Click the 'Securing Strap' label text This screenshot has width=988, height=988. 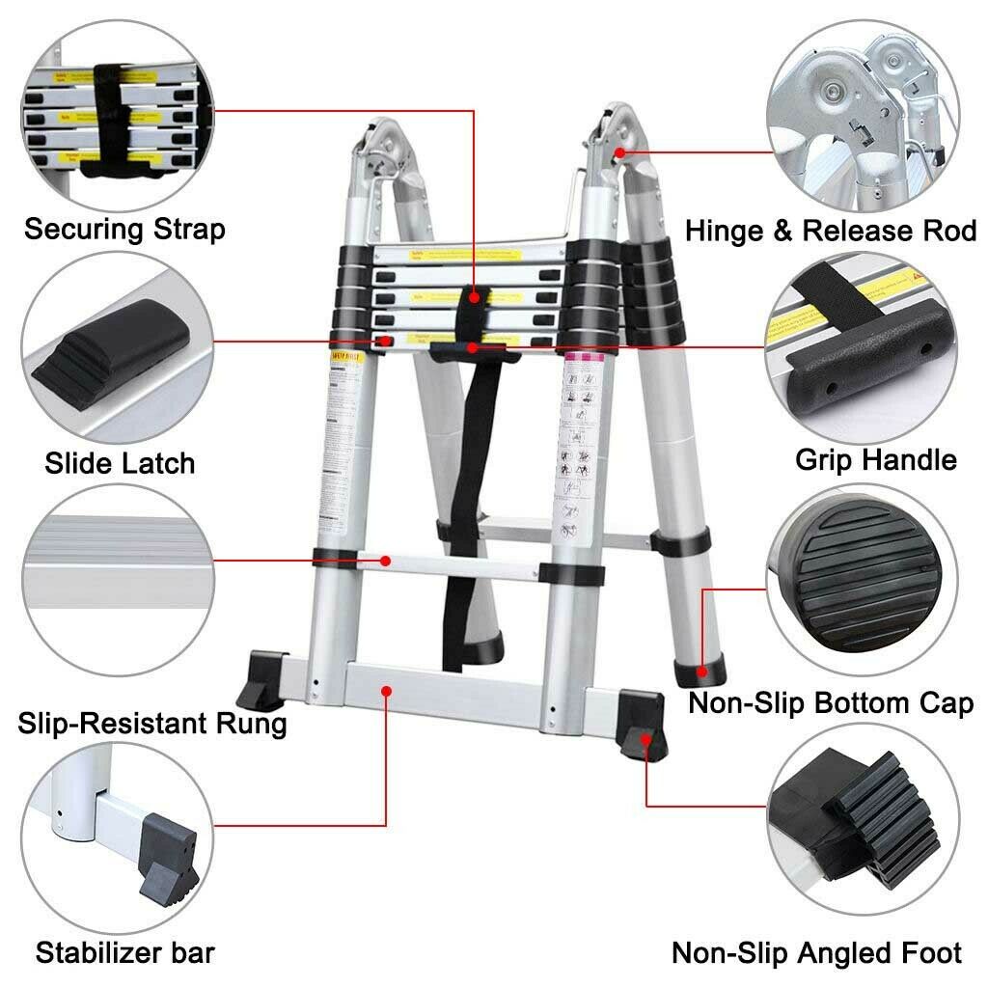click(124, 230)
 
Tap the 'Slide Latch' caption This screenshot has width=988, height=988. click(120, 463)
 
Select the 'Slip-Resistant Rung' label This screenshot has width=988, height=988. click(152, 723)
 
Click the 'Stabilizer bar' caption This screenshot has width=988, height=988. click(125, 953)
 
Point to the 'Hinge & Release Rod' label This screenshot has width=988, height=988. click(831, 232)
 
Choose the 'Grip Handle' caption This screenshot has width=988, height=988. click(875, 459)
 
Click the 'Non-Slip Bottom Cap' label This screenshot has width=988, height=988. click(831, 703)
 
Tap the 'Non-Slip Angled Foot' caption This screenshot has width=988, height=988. click(816, 953)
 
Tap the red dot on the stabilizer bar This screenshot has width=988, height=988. click(386, 690)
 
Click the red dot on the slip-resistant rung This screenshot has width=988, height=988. click(385, 560)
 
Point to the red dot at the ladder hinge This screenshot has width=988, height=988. click(618, 151)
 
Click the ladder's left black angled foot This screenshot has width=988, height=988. click(261, 679)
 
